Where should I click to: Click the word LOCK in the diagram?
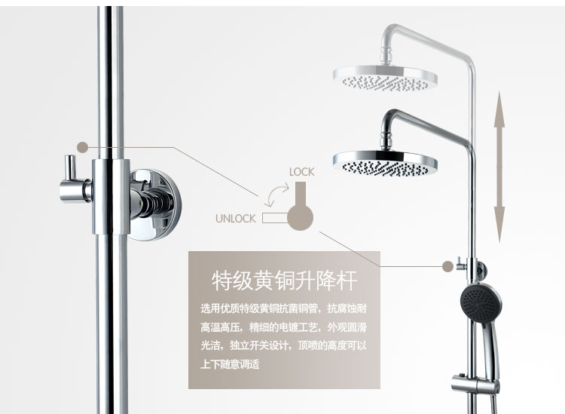point(301,172)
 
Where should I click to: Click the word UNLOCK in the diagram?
point(235,219)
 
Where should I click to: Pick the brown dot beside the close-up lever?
point(82,147)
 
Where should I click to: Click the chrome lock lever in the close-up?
point(72,177)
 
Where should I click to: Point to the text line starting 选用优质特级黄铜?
point(283,308)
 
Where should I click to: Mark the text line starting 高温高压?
point(283,327)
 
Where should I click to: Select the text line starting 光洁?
point(283,346)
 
